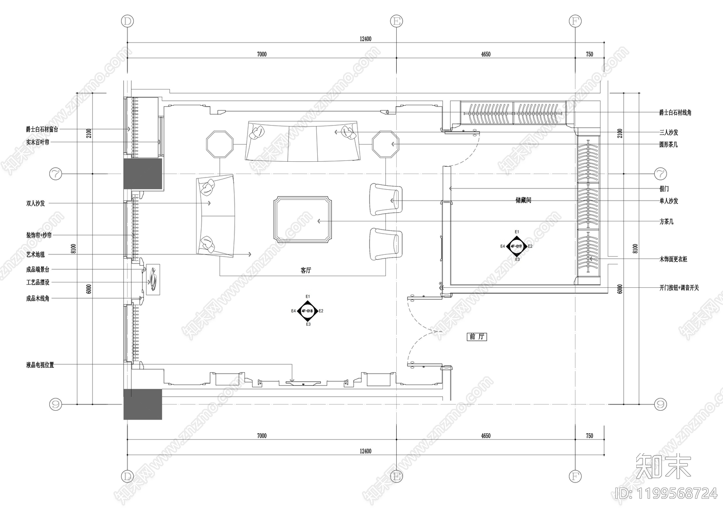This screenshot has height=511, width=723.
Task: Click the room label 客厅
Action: (x=306, y=270)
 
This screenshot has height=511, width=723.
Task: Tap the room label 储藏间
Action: (x=523, y=200)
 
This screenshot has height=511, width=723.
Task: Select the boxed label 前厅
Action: (x=477, y=337)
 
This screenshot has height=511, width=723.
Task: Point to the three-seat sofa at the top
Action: (x=303, y=141)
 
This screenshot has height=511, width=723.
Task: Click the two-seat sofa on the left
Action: (x=216, y=216)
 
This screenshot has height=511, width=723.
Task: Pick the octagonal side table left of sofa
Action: (x=220, y=144)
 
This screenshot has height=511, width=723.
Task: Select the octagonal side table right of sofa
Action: (x=385, y=144)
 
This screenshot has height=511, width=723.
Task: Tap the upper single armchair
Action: (x=385, y=199)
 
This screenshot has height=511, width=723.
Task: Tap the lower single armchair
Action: (x=385, y=244)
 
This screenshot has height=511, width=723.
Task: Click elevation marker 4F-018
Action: (x=307, y=311)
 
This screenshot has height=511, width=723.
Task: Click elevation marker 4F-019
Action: (x=516, y=246)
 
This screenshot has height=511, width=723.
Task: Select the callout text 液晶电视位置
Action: (x=40, y=365)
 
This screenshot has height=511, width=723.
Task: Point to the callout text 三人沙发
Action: (x=668, y=132)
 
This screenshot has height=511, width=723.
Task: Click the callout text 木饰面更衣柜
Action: (x=673, y=259)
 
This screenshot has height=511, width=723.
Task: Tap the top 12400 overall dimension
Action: (x=366, y=39)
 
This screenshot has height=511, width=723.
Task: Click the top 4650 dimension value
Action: (x=485, y=54)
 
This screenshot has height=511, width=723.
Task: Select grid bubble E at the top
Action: (x=396, y=21)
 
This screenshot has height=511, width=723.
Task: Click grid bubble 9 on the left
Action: (x=56, y=404)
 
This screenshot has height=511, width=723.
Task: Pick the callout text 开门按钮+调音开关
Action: (x=679, y=288)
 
